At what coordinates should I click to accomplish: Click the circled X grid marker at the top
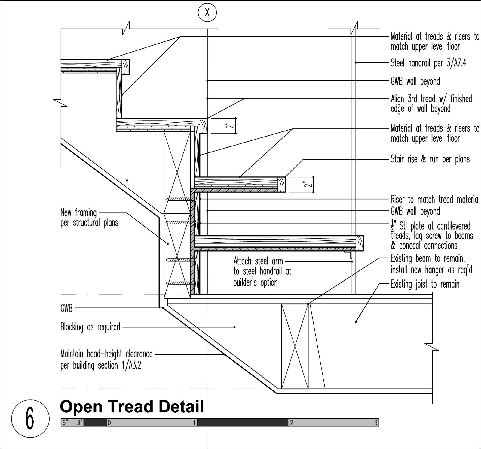[x=207, y=13]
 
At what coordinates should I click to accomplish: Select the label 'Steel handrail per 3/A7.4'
[x=428, y=63]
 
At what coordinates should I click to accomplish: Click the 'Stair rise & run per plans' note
[x=430, y=159]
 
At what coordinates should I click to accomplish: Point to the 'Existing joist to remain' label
[x=425, y=284]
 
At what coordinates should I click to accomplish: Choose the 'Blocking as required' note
[x=90, y=327]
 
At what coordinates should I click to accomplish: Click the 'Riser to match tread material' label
[x=435, y=199]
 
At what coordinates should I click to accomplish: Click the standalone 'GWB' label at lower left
[x=66, y=308]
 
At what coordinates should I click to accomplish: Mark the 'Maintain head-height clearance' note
[x=106, y=360]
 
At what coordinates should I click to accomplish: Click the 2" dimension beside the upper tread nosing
[x=231, y=125]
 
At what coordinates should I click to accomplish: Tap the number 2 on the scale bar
[x=291, y=423]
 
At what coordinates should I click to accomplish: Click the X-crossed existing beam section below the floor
[x=295, y=346]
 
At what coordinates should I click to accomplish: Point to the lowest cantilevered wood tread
[x=278, y=241]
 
